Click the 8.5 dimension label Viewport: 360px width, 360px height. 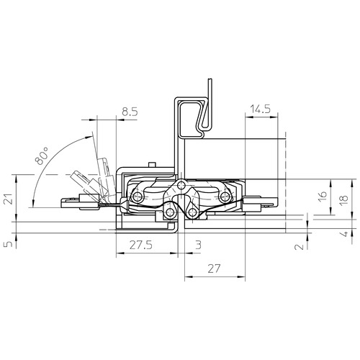(x=130, y=112)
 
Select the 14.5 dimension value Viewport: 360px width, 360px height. (x=261, y=109)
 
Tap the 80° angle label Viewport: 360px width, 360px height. (x=42, y=156)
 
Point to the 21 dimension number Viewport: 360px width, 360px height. (x=9, y=198)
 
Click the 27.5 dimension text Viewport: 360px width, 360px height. (x=141, y=246)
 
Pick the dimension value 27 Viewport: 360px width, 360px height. (x=214, y=269)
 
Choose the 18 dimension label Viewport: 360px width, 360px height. (x=344, y=198)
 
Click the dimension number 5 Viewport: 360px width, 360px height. (x=9, y=244)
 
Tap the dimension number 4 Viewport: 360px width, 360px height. (x=344, y=234)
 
